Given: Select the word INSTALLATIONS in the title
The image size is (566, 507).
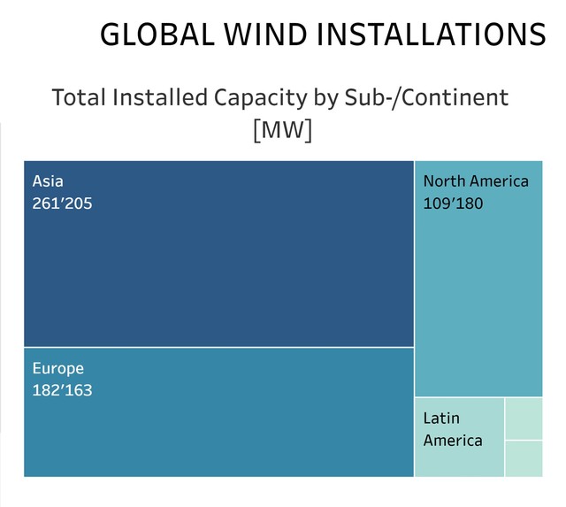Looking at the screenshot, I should [432, 34].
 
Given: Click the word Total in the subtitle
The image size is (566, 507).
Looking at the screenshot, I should [79, 97].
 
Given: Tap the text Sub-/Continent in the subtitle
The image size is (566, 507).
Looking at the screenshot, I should [431, 97].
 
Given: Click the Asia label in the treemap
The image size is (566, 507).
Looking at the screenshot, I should [49, 181].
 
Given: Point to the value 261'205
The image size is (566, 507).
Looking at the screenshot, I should [63, 204].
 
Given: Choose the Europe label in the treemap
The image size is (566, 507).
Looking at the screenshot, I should [58, 368].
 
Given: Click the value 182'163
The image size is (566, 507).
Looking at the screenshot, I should [63, 390].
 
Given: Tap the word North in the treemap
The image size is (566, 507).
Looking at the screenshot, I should [444, 181].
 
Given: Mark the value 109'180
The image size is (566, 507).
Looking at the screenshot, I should [454, 204].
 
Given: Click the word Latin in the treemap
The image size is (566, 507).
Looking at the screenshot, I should [441, 418].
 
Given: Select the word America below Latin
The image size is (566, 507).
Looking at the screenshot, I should [453, 440].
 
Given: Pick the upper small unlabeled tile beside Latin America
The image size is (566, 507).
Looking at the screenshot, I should [524, 419].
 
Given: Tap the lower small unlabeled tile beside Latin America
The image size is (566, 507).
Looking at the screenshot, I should [524, 458].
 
